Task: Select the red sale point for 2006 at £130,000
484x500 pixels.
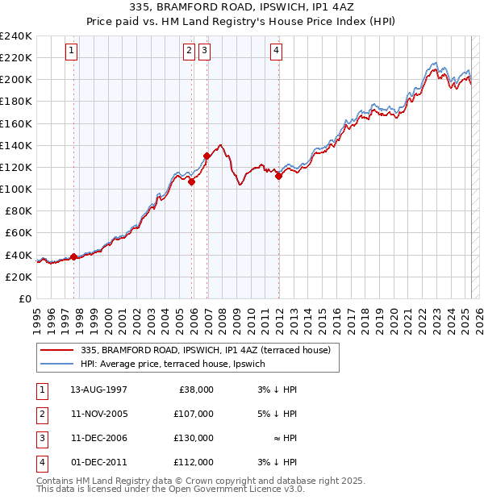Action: point(207,156)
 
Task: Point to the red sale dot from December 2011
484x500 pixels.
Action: point(278,176)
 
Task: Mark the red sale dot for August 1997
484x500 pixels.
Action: point(73,256)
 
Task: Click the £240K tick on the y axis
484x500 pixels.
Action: point(16,36)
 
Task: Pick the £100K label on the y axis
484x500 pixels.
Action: point(16,189)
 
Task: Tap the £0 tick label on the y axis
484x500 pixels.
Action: point(24,298)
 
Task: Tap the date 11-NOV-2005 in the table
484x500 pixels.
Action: point(99,414)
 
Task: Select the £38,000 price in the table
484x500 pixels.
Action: point(195,390)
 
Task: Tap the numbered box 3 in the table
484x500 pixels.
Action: point(41,438)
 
